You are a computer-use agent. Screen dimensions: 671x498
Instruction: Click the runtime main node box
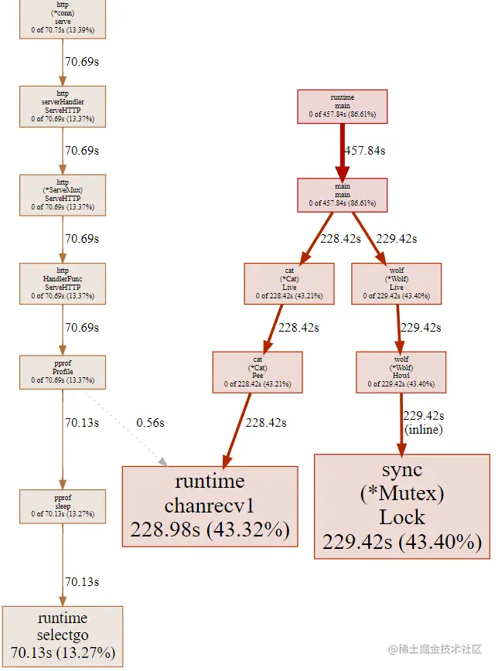[x=342, y=106]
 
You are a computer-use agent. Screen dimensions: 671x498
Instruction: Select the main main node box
[x=342, y=195]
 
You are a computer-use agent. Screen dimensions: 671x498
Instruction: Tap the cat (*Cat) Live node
[x=289, y=283]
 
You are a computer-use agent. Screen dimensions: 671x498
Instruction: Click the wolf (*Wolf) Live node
[x=396, y=283]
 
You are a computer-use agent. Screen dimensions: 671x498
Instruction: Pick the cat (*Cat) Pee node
[x=257, y=371]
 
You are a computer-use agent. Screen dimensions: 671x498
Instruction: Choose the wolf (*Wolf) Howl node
[x=401, y=371]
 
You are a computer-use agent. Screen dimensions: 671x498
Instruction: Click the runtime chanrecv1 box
[x=210, y=506]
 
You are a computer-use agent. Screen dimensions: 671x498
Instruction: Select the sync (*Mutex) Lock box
[x=402, y=506]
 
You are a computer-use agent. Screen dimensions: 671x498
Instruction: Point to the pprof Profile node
[x=63, y=371]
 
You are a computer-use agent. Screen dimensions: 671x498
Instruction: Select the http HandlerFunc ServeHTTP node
[x=63, y=283]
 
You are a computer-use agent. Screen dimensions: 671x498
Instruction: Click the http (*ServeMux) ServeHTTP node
[x=63, y=194]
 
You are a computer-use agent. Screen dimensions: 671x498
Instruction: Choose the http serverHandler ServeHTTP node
[x=63, y=106]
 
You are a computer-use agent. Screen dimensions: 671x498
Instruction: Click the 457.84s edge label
[x=364, y=151]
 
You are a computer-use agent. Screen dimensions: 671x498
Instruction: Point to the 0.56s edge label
[x=150, y=423]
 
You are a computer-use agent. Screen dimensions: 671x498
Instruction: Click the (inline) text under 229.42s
[x=424, y=429]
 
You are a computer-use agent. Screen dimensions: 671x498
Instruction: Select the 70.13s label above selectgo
[x=82, y=581]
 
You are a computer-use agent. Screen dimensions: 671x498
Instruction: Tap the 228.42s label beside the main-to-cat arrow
[x=341, y=239]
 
